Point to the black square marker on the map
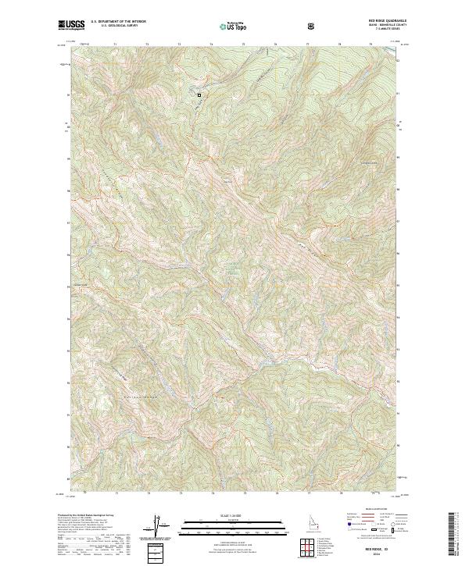coord(199,95)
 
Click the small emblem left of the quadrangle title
coord(314,26)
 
